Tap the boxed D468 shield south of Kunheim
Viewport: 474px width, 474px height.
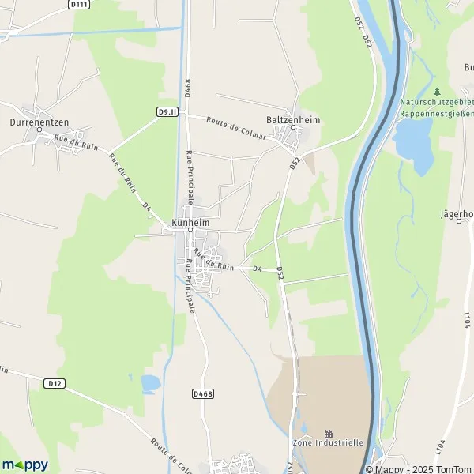tap(203, 392)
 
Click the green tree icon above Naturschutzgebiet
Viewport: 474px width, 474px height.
tap(436, 92)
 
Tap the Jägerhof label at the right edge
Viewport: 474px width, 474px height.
tap(457, 213)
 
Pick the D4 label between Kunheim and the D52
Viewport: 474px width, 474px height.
tap(257, 269)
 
